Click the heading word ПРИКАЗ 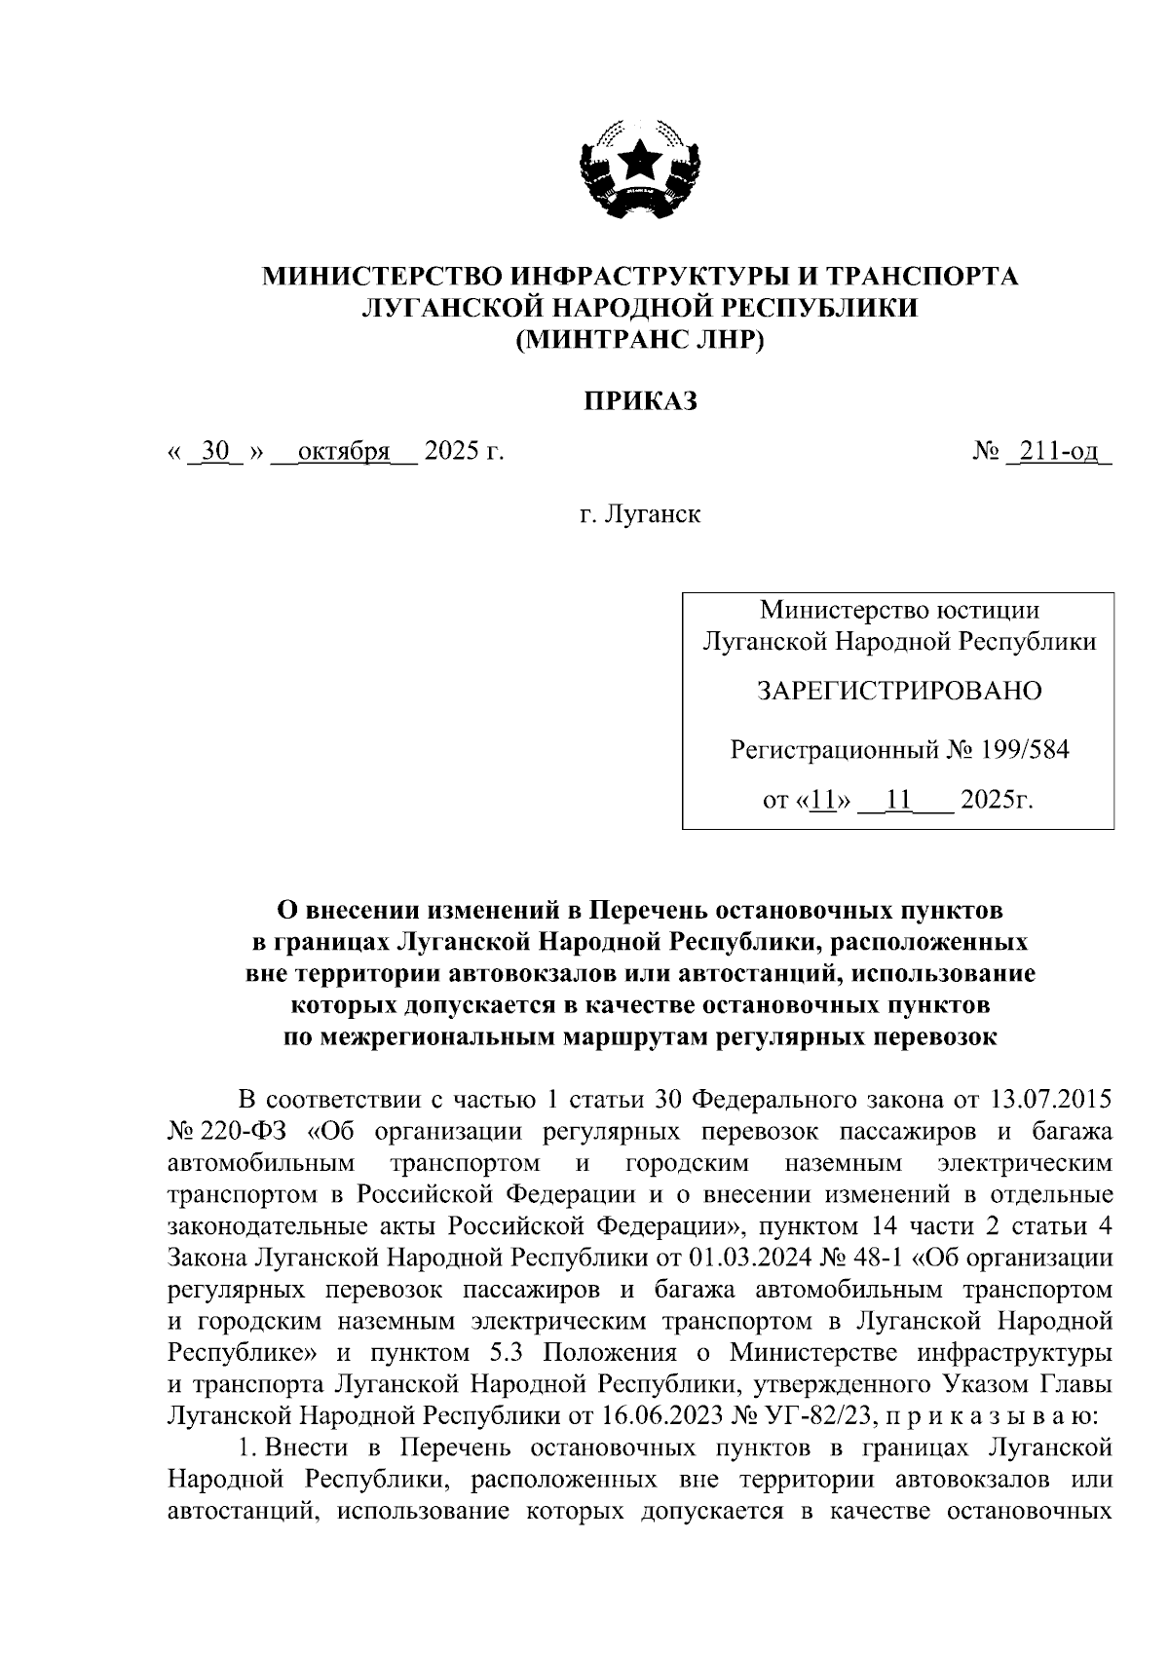pos(640,400)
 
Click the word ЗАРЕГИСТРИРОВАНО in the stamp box pos(898,691)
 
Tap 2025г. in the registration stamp pos(996,801)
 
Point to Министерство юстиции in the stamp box pos(898,611)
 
